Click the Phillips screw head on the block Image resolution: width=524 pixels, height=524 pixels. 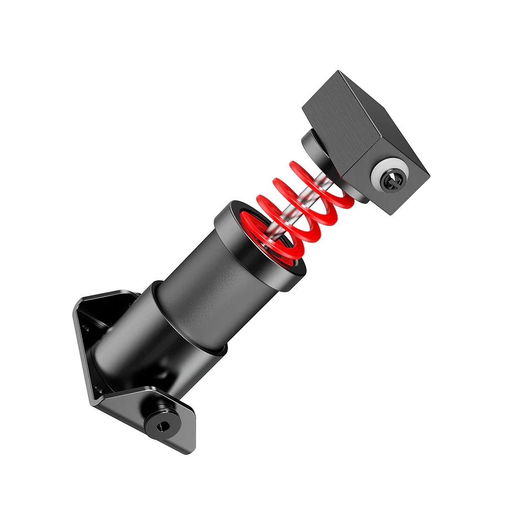point(392,181)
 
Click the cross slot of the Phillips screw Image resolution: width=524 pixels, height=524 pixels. point(392,181)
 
